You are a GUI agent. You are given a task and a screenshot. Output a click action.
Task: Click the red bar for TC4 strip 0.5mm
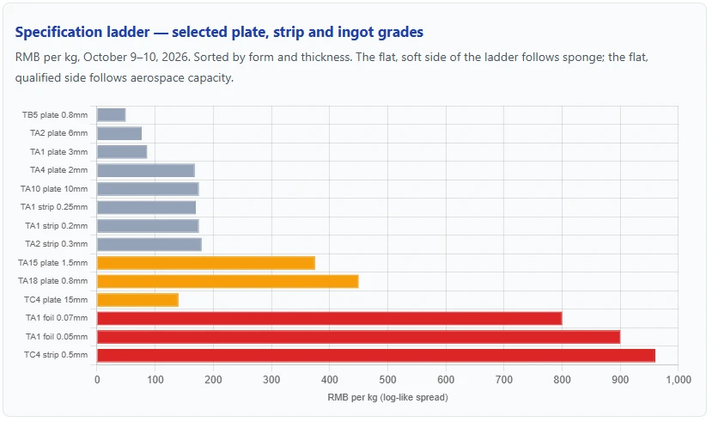(376, 355)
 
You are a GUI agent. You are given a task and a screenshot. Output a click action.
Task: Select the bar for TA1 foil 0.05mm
(359, 337)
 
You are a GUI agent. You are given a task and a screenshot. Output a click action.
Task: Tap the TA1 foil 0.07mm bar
(330, 318)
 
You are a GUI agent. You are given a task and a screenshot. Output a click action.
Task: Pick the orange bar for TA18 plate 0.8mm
(228, 282)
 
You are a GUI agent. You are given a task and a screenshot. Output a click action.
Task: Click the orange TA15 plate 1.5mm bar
(206, 263)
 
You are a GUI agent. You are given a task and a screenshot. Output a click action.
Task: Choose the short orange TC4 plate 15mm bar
(137, 300)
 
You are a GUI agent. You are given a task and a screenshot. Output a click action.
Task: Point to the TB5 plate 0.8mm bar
(112, 115)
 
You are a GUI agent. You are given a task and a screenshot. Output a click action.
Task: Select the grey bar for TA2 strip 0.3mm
(149, 244)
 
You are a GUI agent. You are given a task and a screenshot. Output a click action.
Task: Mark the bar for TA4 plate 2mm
(146, 170)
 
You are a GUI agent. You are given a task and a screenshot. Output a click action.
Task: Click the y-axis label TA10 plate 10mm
(54, 189)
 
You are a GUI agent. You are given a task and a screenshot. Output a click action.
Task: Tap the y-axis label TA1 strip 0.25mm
(54, 207)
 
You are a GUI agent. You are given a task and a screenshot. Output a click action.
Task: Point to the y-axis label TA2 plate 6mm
(59, 133)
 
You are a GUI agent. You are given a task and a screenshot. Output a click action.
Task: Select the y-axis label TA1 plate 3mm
(59, 152)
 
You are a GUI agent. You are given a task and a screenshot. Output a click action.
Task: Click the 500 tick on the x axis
(388, 380)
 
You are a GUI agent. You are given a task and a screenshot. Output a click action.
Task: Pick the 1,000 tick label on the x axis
(679, 380)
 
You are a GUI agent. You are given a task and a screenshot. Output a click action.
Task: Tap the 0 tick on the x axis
(97, 380)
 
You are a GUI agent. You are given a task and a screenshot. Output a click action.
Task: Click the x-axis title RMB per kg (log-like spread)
(388, 397)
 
